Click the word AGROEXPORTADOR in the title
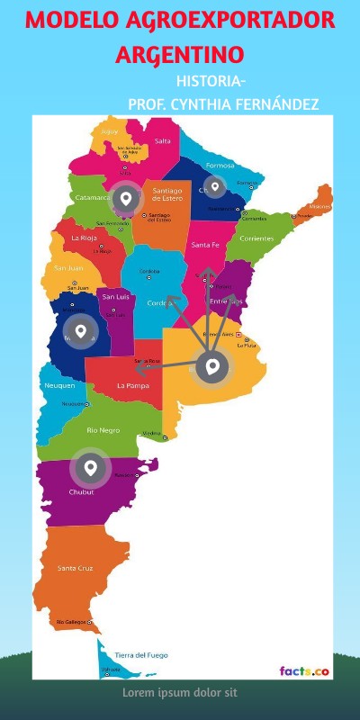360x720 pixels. point(225,20)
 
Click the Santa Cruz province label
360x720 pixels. point(75,568)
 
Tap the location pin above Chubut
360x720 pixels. point(90,468)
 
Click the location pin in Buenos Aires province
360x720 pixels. point(212,366)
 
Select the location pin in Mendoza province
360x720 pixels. point(81,331)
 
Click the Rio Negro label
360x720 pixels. point(103,430)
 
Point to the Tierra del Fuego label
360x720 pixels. point(140,654)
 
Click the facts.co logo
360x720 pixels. point(303,670)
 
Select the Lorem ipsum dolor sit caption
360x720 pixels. point(179,693)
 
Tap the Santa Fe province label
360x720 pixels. point(205,245)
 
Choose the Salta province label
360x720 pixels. point(163,140)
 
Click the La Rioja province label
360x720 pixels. point(84,238)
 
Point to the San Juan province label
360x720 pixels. point(69,267)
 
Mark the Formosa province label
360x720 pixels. point(220,166)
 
